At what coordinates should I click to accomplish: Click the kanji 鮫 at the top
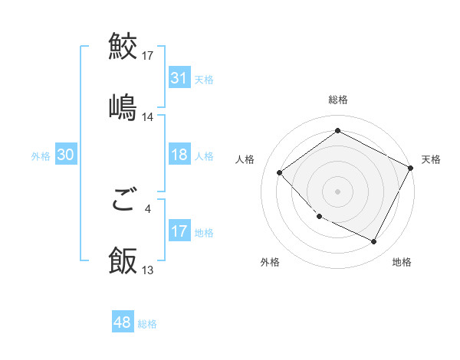point(123,47)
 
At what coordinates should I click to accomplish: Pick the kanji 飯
point(123,260)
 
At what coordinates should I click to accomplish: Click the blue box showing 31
point(179,78)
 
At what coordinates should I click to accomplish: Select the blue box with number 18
point(179,155)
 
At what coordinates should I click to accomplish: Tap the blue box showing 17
point(179,231)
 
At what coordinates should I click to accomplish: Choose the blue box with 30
point(65,155)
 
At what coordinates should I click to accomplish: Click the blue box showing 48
point(122,322)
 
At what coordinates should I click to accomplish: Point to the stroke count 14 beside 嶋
point(148,118)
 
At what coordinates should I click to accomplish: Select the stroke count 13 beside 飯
point(148,271)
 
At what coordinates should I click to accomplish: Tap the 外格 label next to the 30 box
point(41,156)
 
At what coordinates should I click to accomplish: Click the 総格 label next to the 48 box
point(147,324)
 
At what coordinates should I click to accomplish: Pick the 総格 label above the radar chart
point(338,100)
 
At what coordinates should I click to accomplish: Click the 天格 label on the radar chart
point(431,159)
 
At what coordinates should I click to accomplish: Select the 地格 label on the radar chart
point(402,262)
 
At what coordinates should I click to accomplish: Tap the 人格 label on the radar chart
point(245,159)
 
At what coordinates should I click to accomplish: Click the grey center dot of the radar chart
point(338,191)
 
